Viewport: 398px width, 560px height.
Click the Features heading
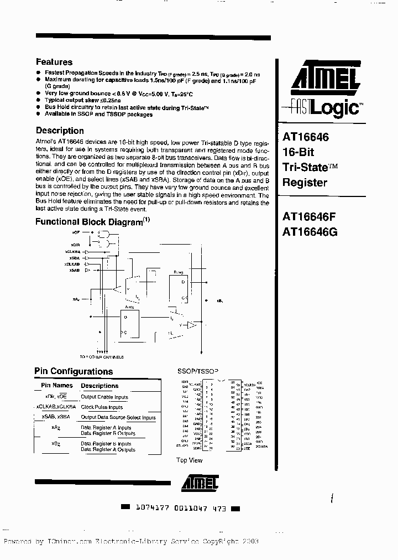coord(54,62)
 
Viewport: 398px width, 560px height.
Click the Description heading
coord(60,131)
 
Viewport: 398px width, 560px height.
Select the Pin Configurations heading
coord(74,372)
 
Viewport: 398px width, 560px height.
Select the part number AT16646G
coord(310,232)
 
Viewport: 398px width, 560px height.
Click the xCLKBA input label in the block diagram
coord(72,251)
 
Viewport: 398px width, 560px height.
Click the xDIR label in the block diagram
coord(75,243)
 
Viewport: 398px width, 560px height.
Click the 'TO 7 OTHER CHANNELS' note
coord(102,357)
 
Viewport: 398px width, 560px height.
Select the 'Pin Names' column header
coord(57,385)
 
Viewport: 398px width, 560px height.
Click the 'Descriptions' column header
coord(99,386)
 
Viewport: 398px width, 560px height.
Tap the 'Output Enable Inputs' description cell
coord(104,397)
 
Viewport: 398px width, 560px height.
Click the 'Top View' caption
coord(189,460)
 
